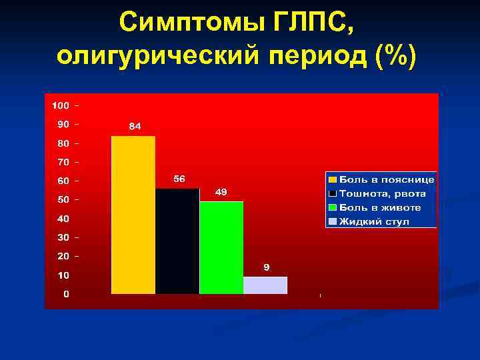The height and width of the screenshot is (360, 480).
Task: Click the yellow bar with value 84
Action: coord(133,215)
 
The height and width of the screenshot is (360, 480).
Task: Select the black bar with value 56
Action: coord(177,241)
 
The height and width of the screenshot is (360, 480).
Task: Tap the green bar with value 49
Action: coord(221,247)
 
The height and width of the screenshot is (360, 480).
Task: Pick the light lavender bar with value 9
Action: coord(265,285)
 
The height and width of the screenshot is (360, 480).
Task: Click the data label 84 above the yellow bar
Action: coord(135,127)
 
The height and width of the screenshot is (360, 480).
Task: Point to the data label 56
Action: coord(179,179)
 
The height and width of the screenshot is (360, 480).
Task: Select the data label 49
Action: coord(221,192)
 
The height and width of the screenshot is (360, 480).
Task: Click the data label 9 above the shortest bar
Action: coord(265,267)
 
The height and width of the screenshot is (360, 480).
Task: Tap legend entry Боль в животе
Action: coord(380,207)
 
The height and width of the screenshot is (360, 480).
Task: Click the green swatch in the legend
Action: coord(332,207)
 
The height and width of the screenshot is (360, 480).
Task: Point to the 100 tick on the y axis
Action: coord(61,105)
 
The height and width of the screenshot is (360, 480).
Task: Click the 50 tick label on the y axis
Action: coord(62,199)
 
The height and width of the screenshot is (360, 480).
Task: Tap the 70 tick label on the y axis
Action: coord(62,162)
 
